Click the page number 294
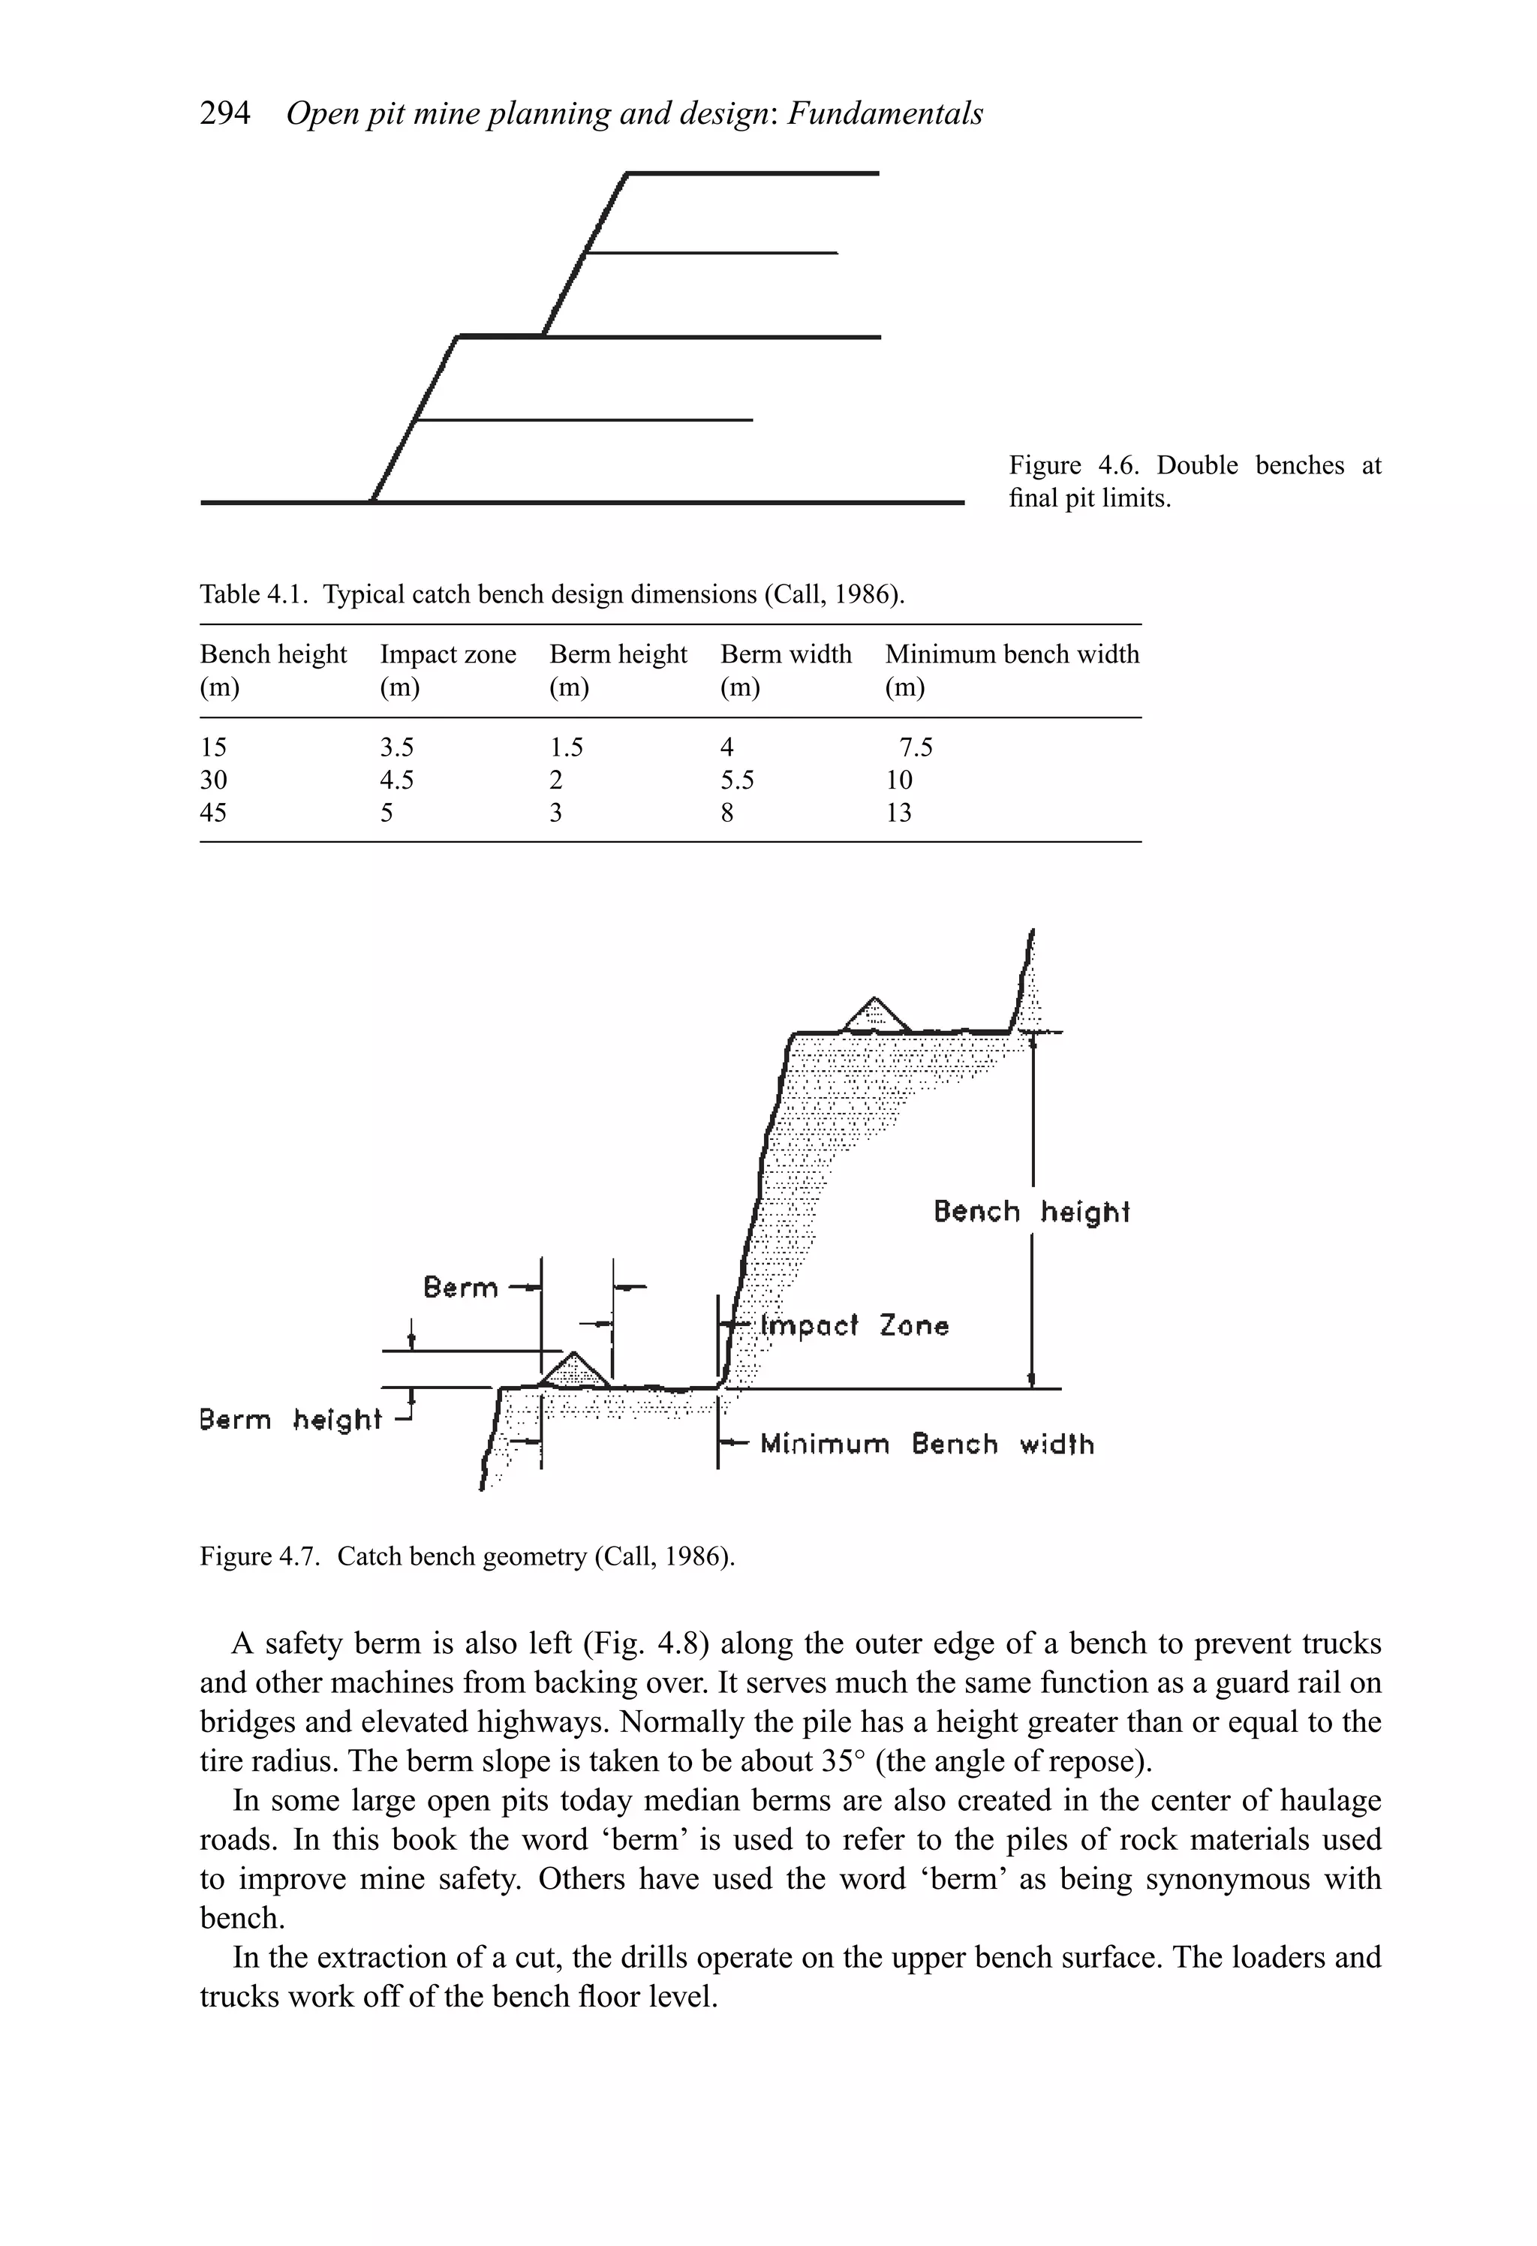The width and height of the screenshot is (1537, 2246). click(224, 114)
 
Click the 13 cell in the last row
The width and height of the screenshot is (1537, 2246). click(898, 813)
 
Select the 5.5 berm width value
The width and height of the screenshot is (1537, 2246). click(736, 780)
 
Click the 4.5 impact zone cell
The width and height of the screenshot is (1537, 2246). click(396, 780)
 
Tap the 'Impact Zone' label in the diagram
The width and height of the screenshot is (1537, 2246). click(853, 1325)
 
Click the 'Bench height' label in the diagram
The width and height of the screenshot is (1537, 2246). click(1030, 1212)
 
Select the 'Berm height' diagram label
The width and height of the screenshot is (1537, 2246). click(290, 1420)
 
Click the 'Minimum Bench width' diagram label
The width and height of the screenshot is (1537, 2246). click(926, 1444)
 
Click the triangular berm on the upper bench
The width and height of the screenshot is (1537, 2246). click(875, 1017)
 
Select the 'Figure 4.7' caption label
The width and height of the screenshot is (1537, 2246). click(259, 1556)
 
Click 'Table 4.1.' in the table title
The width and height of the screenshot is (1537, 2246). click(255, 594)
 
